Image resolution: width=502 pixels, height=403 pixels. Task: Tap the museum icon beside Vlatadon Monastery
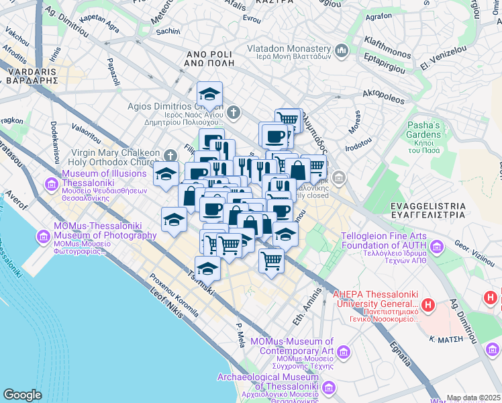(x=341, y=50)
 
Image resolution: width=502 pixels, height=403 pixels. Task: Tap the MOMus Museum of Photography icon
(x=44, y=236)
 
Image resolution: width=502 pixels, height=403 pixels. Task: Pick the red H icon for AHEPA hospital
(x=428, y=305)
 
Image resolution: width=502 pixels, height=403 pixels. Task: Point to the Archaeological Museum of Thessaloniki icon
(x=329, y=388)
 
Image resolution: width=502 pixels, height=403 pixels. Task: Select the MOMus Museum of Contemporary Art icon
(x=344, y=352)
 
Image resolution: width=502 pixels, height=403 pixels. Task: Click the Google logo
(x=22, y=395)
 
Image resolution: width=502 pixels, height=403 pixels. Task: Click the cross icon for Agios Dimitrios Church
(x=233, y=111)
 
